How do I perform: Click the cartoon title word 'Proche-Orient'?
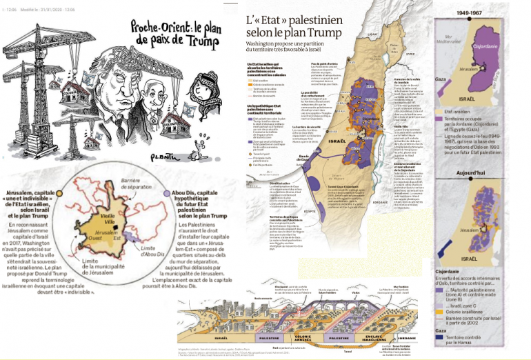pyautogui.click(x=155, y=28)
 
